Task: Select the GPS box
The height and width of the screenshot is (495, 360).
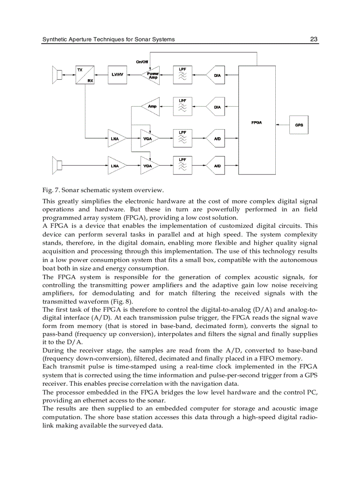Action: [299, 125]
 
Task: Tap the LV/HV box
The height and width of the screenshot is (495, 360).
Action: [117, 75]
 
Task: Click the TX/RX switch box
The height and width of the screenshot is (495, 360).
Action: [85, 75]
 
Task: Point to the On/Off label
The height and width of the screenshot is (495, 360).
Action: [142, 62]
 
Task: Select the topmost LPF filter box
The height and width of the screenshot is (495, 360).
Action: [182, 75]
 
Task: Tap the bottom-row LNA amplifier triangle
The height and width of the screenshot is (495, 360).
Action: [116, 166]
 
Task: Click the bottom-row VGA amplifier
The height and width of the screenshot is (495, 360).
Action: [149, 166]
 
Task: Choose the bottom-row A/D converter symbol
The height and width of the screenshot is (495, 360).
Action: [217, 166]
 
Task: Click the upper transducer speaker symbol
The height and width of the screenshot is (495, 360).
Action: [57, 75]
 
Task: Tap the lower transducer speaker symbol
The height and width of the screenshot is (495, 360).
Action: [57, 166]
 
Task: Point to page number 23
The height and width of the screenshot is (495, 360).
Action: [314, 39]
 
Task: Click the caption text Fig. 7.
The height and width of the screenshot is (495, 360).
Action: [51, 190]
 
